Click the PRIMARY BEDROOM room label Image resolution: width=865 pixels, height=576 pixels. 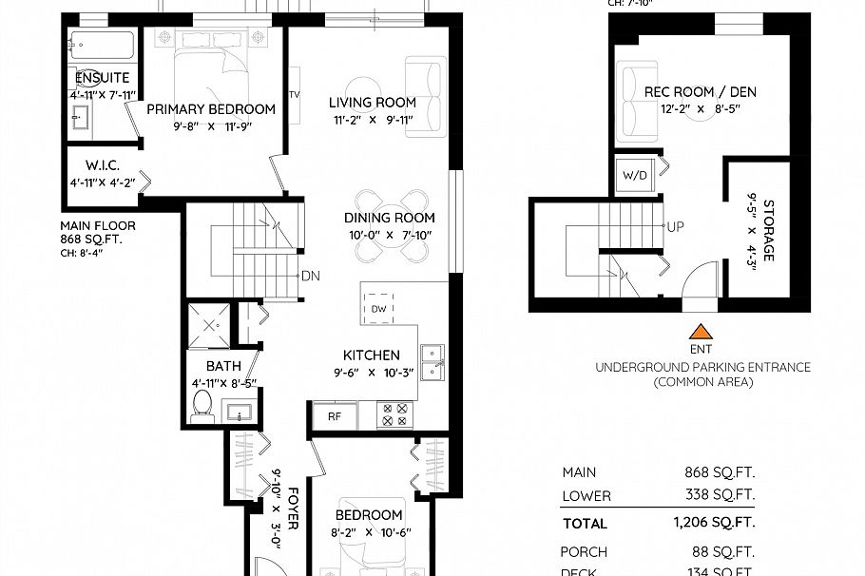click(211, 109)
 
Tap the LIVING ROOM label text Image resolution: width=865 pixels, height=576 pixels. click(373, 103)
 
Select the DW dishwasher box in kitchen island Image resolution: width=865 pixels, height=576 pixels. click(378, 308)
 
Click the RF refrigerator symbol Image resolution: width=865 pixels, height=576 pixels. click(334, 414)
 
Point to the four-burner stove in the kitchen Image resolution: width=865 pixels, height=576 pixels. click(394, 414)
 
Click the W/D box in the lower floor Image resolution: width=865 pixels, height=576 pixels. click(633, 176)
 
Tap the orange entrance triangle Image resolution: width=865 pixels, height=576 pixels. click(701, 332)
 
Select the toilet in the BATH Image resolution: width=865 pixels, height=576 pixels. click(201, 406)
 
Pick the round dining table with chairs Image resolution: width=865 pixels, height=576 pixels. click(390, 225)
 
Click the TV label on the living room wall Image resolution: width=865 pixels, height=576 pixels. click(294, 95)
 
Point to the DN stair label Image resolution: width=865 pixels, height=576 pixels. click(310, 277)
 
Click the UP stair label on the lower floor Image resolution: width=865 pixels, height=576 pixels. click(677, 228)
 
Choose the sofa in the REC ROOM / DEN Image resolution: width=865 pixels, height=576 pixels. click(632, 101)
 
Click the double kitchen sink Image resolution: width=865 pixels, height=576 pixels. click(433, 362)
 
